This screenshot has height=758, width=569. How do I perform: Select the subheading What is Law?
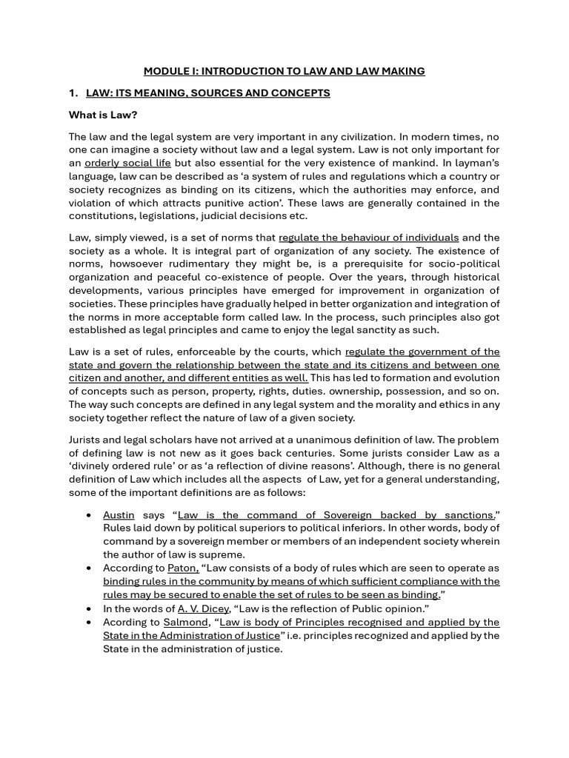coord(103,115)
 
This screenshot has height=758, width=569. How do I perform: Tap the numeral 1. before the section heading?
coord(73,93)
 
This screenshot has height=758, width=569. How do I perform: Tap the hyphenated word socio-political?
coord(461,264)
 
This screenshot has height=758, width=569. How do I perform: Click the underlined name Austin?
coord(119,515)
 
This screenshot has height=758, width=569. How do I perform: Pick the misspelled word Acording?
coord(127,622)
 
